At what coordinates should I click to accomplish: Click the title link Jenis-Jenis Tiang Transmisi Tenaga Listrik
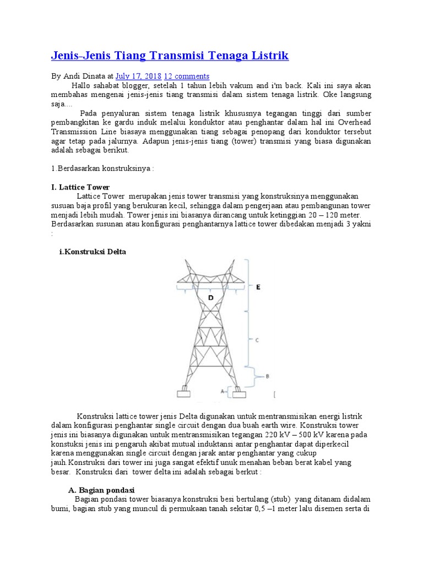(170, 56)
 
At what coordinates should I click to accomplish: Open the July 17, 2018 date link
(138, 76)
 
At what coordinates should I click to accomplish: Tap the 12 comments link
(187, 76)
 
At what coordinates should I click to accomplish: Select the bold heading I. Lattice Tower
(80, 187)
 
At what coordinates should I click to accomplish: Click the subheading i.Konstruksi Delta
(93, 252)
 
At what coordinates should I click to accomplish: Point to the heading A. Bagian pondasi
(101, 490)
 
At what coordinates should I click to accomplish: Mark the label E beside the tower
(258, 287)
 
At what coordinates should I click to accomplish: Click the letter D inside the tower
(210, 297)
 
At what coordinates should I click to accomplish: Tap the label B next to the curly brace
(267, 376)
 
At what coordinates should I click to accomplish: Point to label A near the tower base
(223, 392)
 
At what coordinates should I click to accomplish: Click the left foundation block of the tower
(183, 394)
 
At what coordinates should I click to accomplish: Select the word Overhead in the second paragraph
(355, 123)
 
